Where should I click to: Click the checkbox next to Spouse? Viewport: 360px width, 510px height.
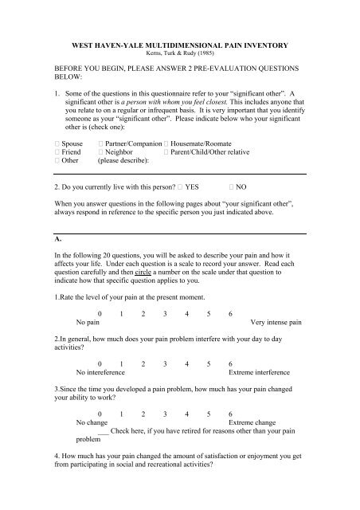(x=47, y=140)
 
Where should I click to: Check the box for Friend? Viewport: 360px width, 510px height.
(x=47, y=150)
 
